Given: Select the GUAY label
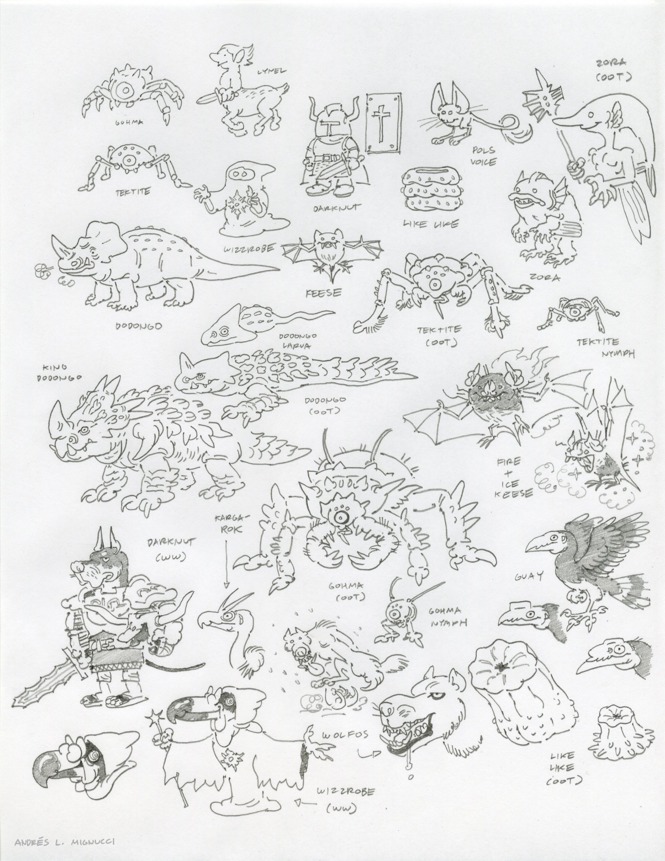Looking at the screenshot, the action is (522, 576).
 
